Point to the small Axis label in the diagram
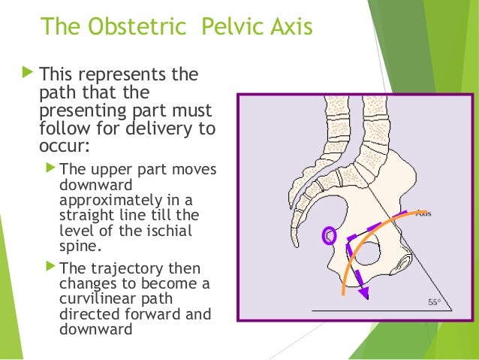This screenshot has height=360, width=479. point(433,213)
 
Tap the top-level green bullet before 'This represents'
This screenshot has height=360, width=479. point(29,74)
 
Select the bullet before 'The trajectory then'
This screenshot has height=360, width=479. point(50,266)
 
